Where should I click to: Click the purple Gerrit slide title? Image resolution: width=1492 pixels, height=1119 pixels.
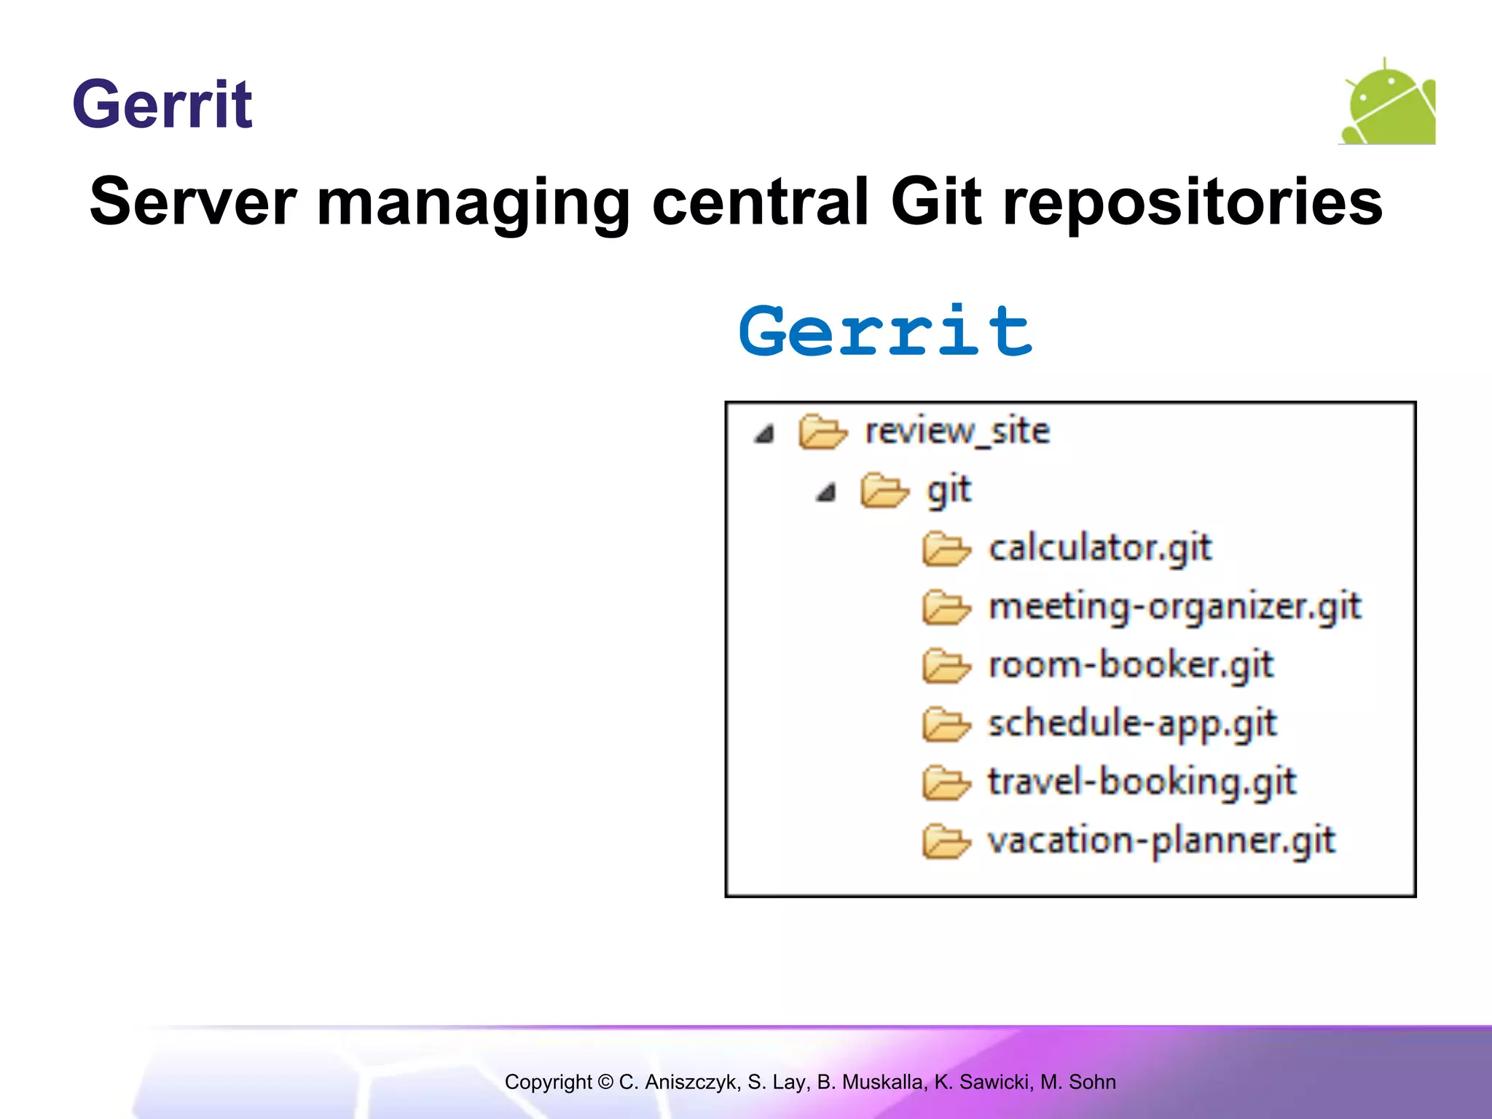(162, 106)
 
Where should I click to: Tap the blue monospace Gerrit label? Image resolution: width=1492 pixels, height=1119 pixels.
(885, 332)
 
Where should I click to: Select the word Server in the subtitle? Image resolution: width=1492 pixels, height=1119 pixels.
(193, 202)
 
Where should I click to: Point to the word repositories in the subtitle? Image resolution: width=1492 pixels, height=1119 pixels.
(1193, 203)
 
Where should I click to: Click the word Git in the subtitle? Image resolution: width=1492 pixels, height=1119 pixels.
(937, 202)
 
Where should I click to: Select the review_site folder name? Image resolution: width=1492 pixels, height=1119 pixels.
(957, 431)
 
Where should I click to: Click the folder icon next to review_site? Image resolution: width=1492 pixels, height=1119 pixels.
(822, 432)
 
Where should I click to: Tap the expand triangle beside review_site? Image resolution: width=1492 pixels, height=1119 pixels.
(763, 435)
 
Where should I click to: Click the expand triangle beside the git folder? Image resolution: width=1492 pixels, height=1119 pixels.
(825, 494)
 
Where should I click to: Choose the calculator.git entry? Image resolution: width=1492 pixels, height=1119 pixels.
(1099, 548)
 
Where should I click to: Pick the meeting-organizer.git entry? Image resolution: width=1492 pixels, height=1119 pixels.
(1174, 607)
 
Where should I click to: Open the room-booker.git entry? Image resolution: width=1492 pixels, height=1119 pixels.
(1130, 665)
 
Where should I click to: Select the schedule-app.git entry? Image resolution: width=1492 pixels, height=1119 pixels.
(1131, 724)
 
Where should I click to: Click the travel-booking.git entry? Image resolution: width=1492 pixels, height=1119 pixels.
(1142, 782)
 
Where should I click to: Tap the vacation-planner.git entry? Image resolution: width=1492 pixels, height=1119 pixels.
(1161, 841)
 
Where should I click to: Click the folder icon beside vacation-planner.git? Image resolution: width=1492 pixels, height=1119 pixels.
(946, 842)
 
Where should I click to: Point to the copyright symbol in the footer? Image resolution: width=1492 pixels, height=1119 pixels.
(605, 1082)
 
